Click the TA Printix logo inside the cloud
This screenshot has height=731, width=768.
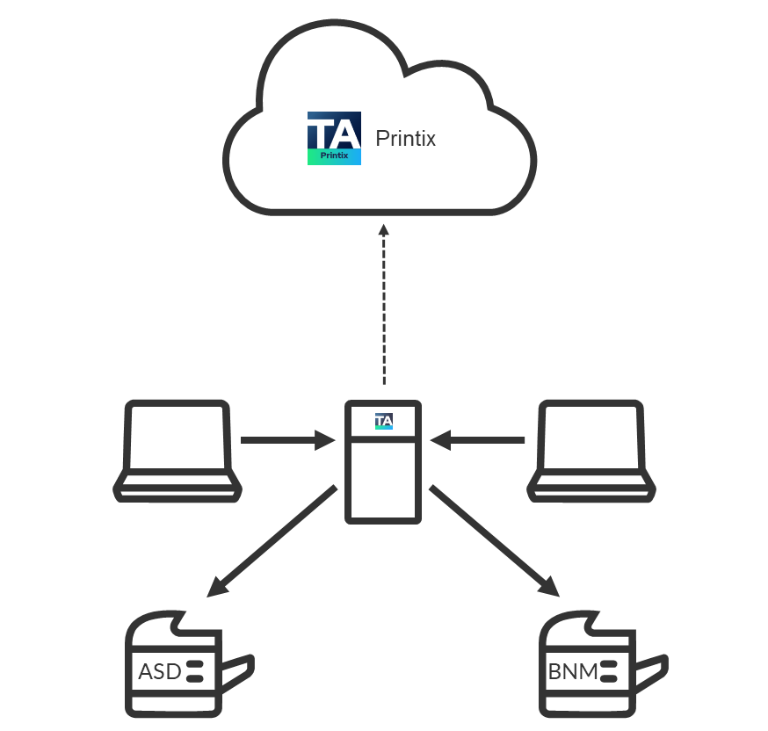(334, 139)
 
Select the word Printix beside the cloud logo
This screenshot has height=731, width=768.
(405, 139)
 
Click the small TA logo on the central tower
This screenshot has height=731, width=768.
(383, 421)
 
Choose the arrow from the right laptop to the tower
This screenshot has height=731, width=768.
(482, 439)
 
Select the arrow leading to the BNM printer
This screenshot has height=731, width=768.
(495, 541)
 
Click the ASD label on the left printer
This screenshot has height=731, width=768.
(159, 672)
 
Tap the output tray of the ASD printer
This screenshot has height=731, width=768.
(236, 672)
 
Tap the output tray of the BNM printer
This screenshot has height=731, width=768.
(649, 672)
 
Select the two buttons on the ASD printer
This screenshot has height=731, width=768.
(195, 672)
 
